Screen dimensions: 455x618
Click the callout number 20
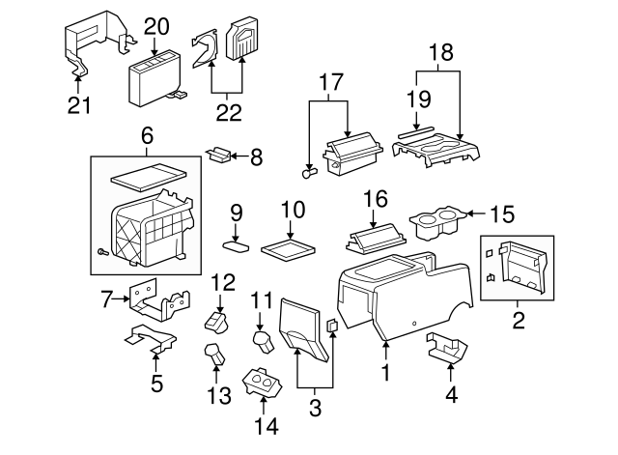coord(156,26)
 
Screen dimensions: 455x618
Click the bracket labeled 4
coord(447,349)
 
